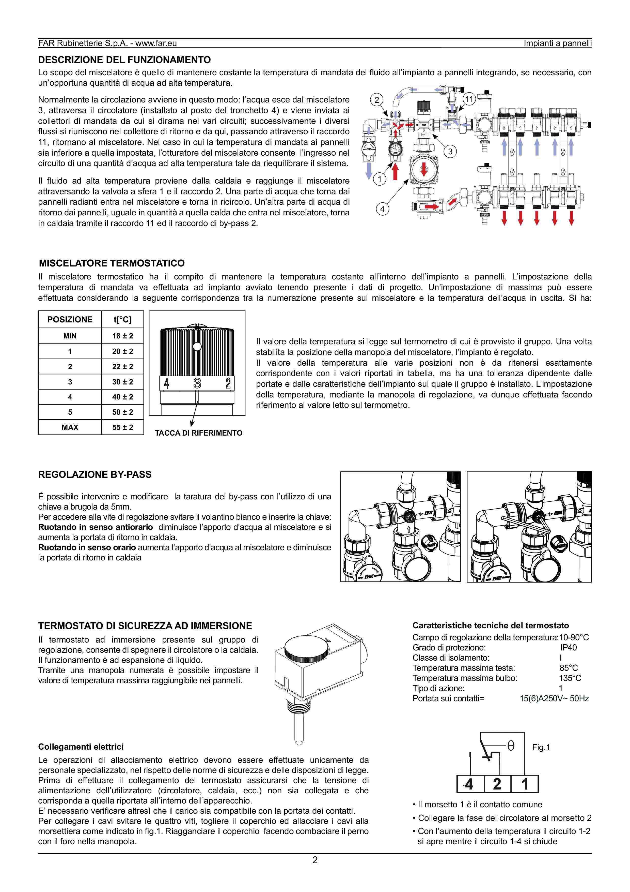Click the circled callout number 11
469,99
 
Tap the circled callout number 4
382,209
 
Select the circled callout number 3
450,152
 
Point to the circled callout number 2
376,100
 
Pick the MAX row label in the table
70,427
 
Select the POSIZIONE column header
70,320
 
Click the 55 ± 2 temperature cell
123,427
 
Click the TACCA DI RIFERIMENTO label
198,433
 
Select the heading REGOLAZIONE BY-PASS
95,474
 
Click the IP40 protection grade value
568,648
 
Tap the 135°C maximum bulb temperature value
570,678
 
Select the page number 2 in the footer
315,860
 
